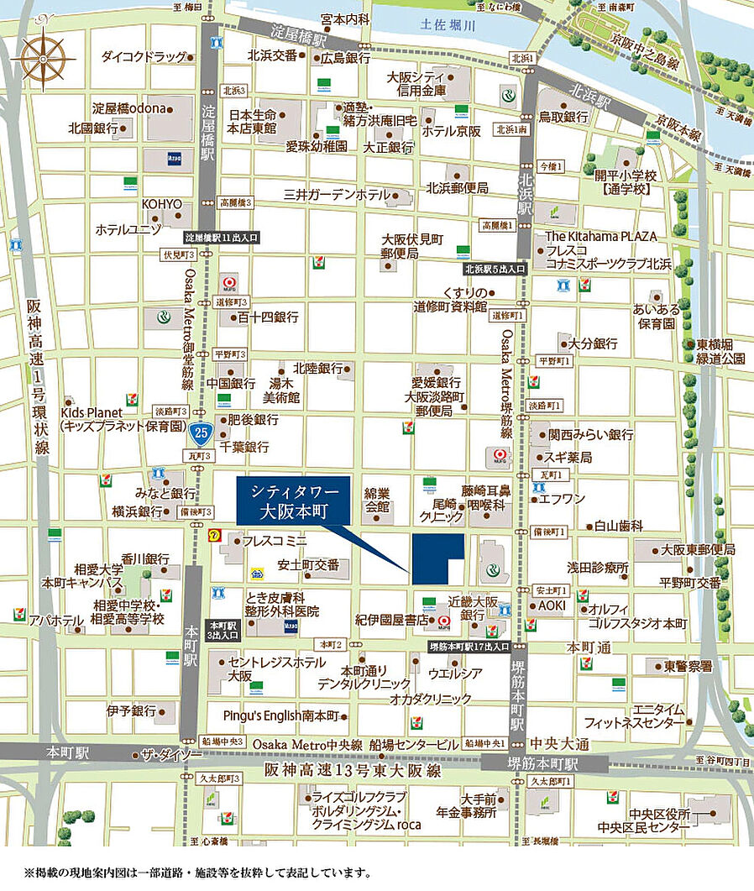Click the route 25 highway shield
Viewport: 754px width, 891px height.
pyautogui.click(x=200, y=433)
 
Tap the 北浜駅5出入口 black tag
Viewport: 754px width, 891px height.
pyautogui.click(x=495, y=269)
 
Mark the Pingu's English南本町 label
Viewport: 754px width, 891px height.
pyautogui.click(x=280, y=715)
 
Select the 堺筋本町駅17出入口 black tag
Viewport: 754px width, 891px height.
pyautogui.click(x=469, y=647)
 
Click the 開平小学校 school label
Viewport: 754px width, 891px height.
pyautogui.click(x=626, y=182)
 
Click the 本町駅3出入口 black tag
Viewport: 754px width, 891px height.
pyautogui.click(x=223, y=631)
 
